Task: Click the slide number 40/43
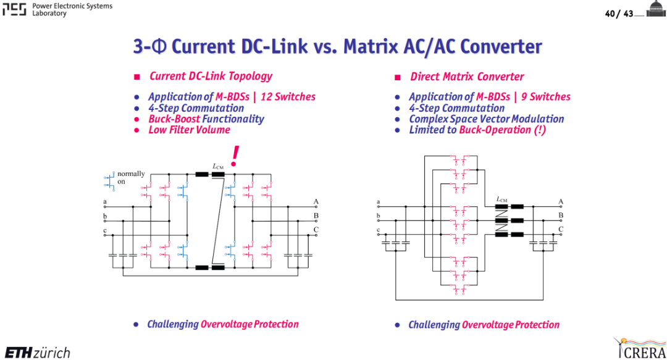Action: point(619,14)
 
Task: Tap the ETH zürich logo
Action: point(38,353)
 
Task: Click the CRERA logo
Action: point(640,348)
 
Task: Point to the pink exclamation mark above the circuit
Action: point(235,156)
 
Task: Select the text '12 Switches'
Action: point(288,96)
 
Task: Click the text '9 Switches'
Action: point(546,96)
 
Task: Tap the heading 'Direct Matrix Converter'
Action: point(467,77)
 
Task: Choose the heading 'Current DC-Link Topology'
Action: point(211,76)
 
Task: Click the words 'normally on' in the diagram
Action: point(131,177)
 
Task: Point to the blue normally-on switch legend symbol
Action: point(110,181)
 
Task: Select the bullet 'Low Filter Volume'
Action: point(190,130)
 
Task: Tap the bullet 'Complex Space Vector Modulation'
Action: point(487,119)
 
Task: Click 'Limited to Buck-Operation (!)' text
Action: point(477,130)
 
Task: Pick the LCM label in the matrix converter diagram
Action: point(502,199)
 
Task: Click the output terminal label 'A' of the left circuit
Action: point(316,201)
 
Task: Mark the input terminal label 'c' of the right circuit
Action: point(378,230)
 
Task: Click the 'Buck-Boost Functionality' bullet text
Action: point(206,119)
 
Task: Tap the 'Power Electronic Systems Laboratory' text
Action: point(72,9)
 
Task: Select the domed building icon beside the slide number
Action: point(656,9)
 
